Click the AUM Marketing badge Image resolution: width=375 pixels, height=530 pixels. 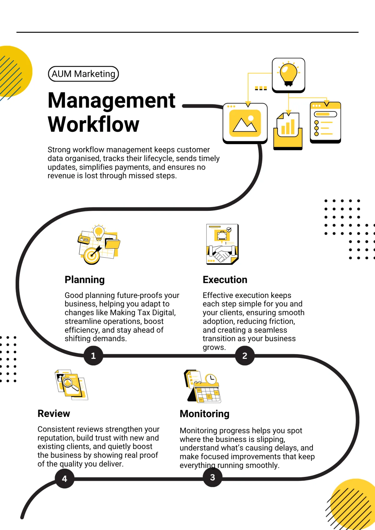click(x=83, y=74)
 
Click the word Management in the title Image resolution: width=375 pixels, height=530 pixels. click(x=112, y=101)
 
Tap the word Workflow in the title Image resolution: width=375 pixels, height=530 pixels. click(x=93, y=124)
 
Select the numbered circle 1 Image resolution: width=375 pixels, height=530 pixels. click(x=93, y=356)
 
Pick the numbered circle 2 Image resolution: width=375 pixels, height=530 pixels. click(x=245, y=356)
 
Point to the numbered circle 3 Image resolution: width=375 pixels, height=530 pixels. click(x=212, y=478)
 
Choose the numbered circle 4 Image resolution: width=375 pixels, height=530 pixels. click(x=64, y=479)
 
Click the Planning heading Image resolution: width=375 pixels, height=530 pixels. click(x=84, y=280)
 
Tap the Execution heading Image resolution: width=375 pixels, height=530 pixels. click(x=225, y=280)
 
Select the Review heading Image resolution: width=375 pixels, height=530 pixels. click(x=54, y=414)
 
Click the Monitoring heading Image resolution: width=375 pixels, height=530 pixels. click(x=204, y=414)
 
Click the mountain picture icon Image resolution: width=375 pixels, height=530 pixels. click(x=245, y=123)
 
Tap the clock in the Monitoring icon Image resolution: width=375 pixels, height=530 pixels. click(x=211, y=379)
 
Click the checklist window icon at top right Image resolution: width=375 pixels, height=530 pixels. click(x=325, y=122)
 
